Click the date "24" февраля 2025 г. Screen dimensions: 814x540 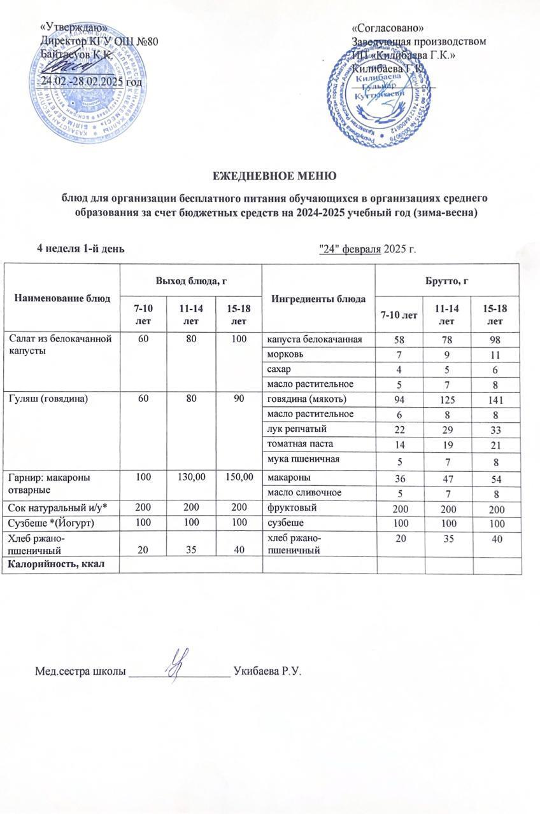[367, 247]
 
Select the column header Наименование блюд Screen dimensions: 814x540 [62, 298]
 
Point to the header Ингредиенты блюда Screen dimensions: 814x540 [318, 298]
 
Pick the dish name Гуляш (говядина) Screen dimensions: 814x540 [45, 400]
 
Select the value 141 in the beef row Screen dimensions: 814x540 [495, 401]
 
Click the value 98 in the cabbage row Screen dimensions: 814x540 [495, 340]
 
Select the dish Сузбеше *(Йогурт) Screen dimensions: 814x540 [48, 523]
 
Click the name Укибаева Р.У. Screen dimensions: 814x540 [267, 670]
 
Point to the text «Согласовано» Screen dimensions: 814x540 [388, 29]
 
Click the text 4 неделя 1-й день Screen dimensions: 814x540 [79, 247]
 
